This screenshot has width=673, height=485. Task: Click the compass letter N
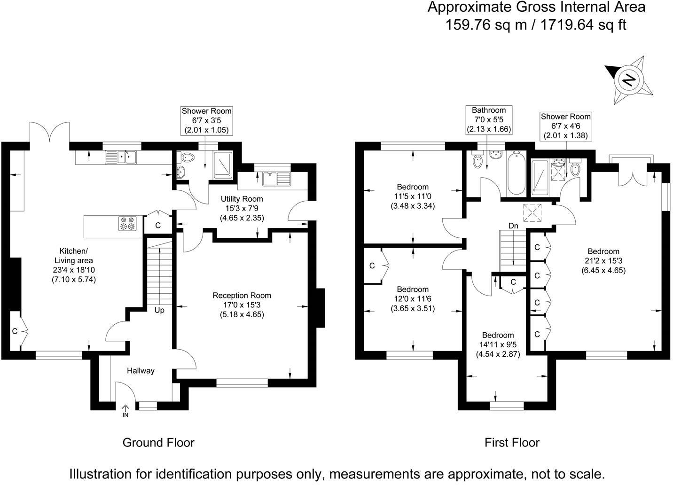(629, 80)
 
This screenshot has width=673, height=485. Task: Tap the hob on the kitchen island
(128, 224)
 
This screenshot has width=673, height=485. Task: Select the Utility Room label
(242, 199)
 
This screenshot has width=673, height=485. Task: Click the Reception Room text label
(242, 296)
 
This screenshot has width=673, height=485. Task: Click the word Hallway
(141, 371)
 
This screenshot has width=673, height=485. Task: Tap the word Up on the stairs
(159, 310)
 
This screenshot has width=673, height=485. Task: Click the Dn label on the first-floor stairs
(513, 226)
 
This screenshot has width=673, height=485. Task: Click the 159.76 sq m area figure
(486, 24)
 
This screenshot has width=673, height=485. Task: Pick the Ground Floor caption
(159, 443)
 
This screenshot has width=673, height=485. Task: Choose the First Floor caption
(512, 443)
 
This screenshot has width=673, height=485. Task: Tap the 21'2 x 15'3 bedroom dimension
(603, 261)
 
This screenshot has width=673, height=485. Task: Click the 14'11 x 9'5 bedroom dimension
(498, 344)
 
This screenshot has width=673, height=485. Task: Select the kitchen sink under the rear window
(121, 157)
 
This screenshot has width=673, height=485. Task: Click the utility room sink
(277, 179)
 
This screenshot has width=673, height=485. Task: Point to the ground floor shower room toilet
(186, 156)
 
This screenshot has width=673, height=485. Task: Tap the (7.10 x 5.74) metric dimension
(74, 280)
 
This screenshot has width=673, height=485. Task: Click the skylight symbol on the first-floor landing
(532, 213)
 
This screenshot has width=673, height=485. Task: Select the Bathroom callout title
(489, 110)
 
